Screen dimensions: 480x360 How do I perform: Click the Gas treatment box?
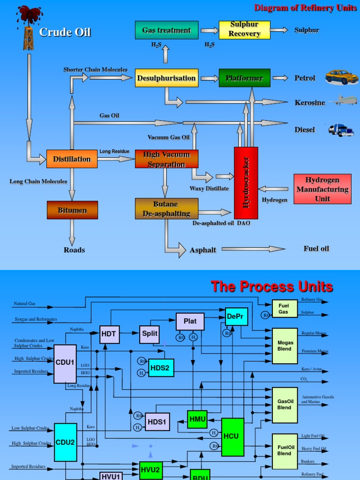[x=166, y=30]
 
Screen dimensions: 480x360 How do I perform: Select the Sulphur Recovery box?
[x=244, y=30]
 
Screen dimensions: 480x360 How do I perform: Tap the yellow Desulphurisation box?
[x=166, y=78]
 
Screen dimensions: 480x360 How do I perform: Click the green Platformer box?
[x=244, y=78]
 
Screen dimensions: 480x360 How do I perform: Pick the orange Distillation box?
[x=72, y=159]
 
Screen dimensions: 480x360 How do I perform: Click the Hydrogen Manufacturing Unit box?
[x=322, y=189]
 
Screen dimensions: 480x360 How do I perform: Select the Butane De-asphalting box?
[x=166, y=209]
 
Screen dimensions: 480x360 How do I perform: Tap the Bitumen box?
[x=72, y=210]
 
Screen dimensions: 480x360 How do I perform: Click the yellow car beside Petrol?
[x=342, y=77]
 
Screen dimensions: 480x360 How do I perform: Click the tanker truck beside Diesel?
[x=341, y=130]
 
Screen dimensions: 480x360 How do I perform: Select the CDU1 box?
[x=65, y=364]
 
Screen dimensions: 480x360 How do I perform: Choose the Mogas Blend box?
[x=285, y=346]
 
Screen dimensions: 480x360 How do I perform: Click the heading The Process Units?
[x=272, y=286]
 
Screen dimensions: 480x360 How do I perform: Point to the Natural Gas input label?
[x=24, y=304]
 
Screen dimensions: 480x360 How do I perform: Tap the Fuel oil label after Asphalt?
[x=316, y=248]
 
